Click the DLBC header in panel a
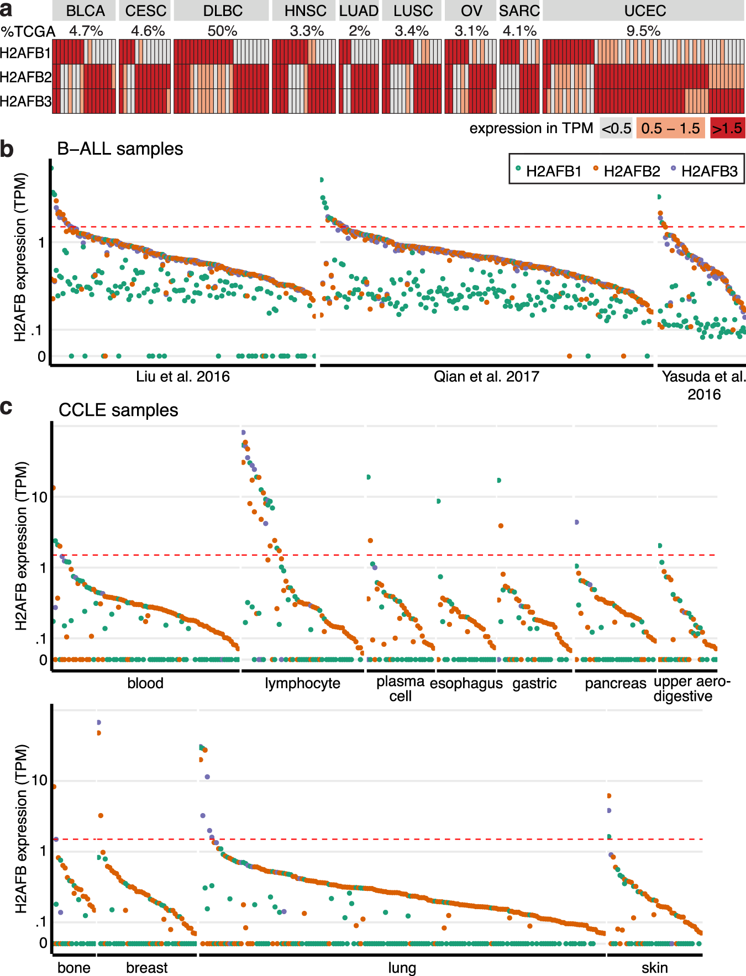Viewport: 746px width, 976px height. coord(222,11)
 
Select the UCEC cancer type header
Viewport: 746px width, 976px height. coord(644,11)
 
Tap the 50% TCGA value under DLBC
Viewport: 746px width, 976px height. coord(222,31)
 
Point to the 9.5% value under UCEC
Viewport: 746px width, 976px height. coord(643,31)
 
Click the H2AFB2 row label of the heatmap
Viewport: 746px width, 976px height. coord(25,77)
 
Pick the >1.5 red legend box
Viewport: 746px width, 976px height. coord(727,129)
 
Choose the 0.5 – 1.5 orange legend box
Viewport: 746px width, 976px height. coord(670,129)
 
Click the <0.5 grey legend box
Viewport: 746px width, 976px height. coord(616,129)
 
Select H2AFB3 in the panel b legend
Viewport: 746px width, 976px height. coord(709,171)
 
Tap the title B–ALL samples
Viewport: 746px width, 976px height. coord(120,149)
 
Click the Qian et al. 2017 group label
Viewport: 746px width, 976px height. coord(486,377)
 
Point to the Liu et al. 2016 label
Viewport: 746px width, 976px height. coord(183,377)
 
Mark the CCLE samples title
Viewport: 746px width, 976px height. coord(118,410)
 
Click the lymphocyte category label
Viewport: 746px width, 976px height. coord(302,684)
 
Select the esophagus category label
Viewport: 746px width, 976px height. coord(466,684)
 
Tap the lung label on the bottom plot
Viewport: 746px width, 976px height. coord(402,968)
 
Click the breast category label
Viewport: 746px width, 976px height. coord(146,968)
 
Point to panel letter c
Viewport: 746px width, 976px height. coord(7,407)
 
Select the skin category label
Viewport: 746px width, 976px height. coord(654,968)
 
